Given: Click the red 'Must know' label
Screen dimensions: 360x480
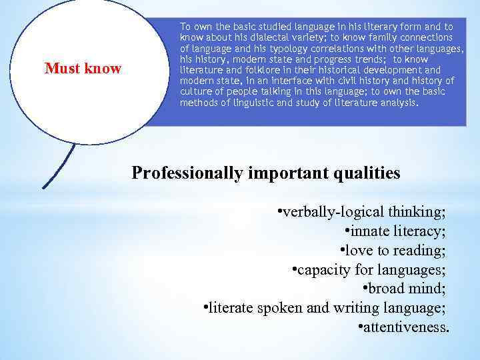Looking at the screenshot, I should click(83, 68).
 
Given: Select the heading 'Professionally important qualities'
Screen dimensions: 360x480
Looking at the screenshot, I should click(266, 173).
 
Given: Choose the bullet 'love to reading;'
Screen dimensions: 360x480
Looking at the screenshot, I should click(393, 251).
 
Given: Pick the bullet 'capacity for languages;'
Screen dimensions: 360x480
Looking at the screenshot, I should click(369, 270).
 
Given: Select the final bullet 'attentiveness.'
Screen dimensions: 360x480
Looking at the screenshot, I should click(403, 327).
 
